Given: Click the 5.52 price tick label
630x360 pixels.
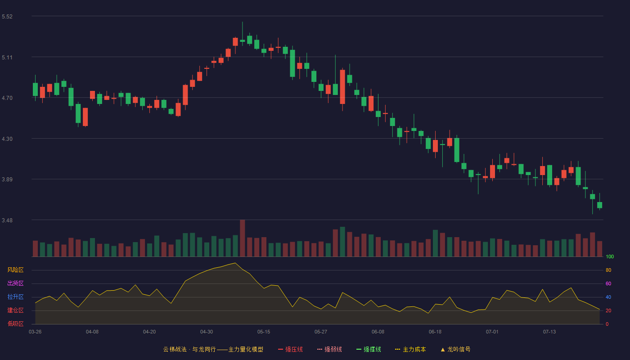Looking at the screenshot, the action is (x=7, y=17).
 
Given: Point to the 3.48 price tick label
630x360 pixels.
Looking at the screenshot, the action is (x=7, y=220).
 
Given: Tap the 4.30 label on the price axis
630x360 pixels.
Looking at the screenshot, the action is (x=7, y=139).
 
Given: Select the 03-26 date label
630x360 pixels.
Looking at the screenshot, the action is (x=35, y=332).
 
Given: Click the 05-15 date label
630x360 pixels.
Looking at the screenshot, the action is (x=264, y=332).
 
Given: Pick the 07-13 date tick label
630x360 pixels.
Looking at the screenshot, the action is (x=549, y=332).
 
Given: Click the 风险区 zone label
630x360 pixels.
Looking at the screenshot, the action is (x=15, y=270).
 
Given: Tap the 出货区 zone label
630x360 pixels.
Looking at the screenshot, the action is (x=15, y=283).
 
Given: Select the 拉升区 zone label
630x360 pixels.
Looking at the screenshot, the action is (x=15, y=297).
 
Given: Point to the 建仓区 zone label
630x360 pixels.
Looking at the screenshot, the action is (x=15, y=310).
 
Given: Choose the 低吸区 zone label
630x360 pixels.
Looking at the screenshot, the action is (x=15, y=324).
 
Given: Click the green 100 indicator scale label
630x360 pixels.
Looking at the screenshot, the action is (x=610, y=256).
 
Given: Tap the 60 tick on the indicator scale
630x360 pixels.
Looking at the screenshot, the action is (x=608, y=283).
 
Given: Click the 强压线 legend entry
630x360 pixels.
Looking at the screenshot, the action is (x=290, y=349).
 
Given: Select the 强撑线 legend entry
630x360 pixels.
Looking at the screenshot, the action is (x=369, y=349).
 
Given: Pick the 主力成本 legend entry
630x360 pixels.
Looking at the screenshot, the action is (x=410, y=349).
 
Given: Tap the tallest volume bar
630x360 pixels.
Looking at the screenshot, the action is (x=243, y=238).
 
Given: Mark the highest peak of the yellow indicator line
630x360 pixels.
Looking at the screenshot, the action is (x=235, y=263).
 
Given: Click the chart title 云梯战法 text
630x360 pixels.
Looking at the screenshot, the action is (x=175, y=349).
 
